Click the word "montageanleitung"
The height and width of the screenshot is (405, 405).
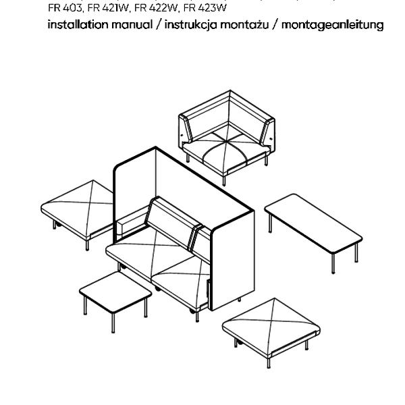pos(332,26)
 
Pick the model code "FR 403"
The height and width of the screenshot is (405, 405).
pos(65,8)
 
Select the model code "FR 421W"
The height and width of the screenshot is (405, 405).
pos(108,8)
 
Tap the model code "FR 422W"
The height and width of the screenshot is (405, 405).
pos(157,8)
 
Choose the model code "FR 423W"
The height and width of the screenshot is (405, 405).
pos(205,8)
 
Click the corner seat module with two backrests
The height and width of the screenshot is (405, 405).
pos(227,137)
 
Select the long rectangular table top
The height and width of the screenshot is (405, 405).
pos(313,223)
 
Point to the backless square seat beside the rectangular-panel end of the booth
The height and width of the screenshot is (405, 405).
pos(271,327)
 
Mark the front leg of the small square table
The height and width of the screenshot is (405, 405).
pos(113,323)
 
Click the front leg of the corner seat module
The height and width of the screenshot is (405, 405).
pos(224,180)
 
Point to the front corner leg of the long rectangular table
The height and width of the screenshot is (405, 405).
pos(333,263)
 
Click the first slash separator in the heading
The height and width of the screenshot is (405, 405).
pos(159,25)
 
